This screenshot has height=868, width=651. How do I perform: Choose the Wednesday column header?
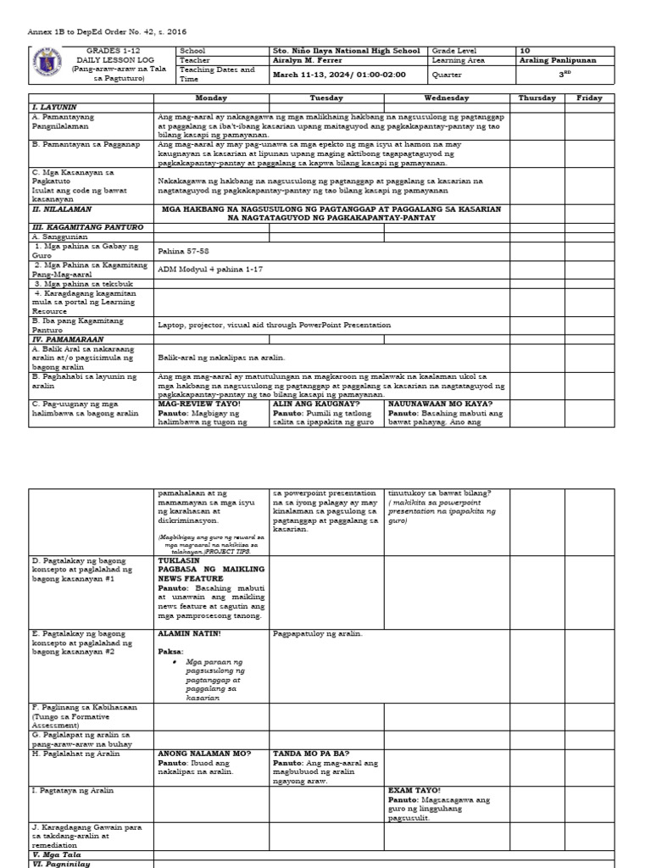(x=447, y=98)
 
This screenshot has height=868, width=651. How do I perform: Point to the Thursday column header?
(x=537, y=98)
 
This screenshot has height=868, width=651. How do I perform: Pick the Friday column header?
(x=589, y=98)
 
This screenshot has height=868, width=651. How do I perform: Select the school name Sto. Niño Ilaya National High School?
(x=346, y=51)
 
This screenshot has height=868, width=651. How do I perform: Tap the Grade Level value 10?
(x=524, y=51)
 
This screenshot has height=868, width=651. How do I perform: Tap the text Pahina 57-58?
(x=182, y=251)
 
